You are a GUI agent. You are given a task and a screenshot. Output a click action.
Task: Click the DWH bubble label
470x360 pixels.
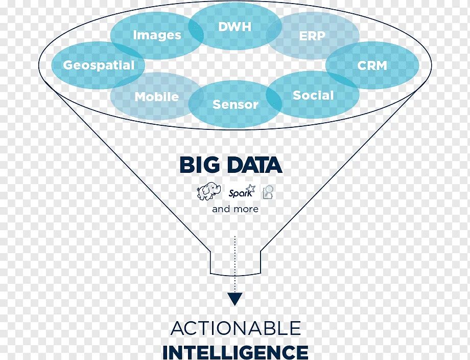click(x=235, y=27)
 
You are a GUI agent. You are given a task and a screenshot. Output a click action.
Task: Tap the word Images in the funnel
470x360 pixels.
click(x=157, y=35)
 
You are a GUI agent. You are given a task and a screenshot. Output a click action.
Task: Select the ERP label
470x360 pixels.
click(x=312, y=36)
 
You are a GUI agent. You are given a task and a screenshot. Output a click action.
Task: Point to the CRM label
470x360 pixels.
click(x=372, y=65)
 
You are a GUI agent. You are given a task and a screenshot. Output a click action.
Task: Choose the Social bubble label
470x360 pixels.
click(x=313, y=96)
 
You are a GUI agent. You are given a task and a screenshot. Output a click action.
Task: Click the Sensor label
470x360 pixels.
click(x=235, y=104)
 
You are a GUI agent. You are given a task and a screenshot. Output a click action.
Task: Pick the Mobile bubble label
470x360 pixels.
click(x=156, y=97)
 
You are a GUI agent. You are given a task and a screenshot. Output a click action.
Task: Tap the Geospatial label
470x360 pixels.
click(x=99, y=65)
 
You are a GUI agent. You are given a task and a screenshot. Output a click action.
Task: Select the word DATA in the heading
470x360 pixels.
click(x=254, y=165)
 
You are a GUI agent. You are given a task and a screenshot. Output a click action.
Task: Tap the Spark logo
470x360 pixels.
click(x=241, y=193)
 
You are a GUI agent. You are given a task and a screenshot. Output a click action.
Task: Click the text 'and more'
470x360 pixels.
click(x=235, y=209)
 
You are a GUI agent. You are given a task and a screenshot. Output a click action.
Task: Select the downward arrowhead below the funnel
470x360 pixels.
click(x=234, y=299)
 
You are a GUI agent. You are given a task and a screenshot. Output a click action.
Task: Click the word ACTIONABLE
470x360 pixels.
click(x=236, y=328)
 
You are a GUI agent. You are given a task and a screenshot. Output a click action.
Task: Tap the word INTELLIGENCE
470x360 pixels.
click(x=236, y=352)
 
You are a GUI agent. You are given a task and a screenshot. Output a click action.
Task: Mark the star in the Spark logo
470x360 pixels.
click(x=250, y=189)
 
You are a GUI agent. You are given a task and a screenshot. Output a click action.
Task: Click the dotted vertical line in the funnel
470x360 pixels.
click(x=235, y=256)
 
